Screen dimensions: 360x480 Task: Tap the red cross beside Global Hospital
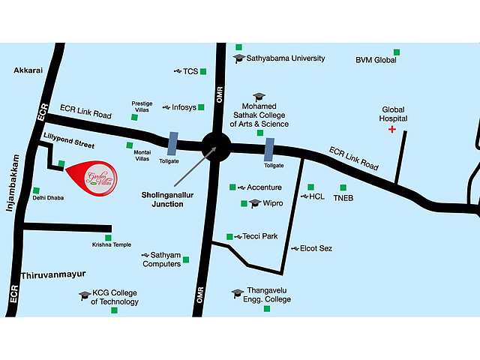tap(391, 130)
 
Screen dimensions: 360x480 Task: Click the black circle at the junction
tap(216, 145)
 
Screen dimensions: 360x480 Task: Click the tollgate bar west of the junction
tap(173, 145)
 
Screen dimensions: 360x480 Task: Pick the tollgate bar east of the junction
tap(268, 148)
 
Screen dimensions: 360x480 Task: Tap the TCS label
tap(190, 71)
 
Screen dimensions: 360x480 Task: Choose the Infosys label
tap(184, 107)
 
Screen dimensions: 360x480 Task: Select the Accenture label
tap(264, 187)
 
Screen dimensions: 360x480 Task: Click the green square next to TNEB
tap(343, 187)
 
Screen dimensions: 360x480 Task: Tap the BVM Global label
tap(376, 60)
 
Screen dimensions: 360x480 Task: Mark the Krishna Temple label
tap(112, 244)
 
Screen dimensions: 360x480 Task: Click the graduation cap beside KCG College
tap(85, 295)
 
